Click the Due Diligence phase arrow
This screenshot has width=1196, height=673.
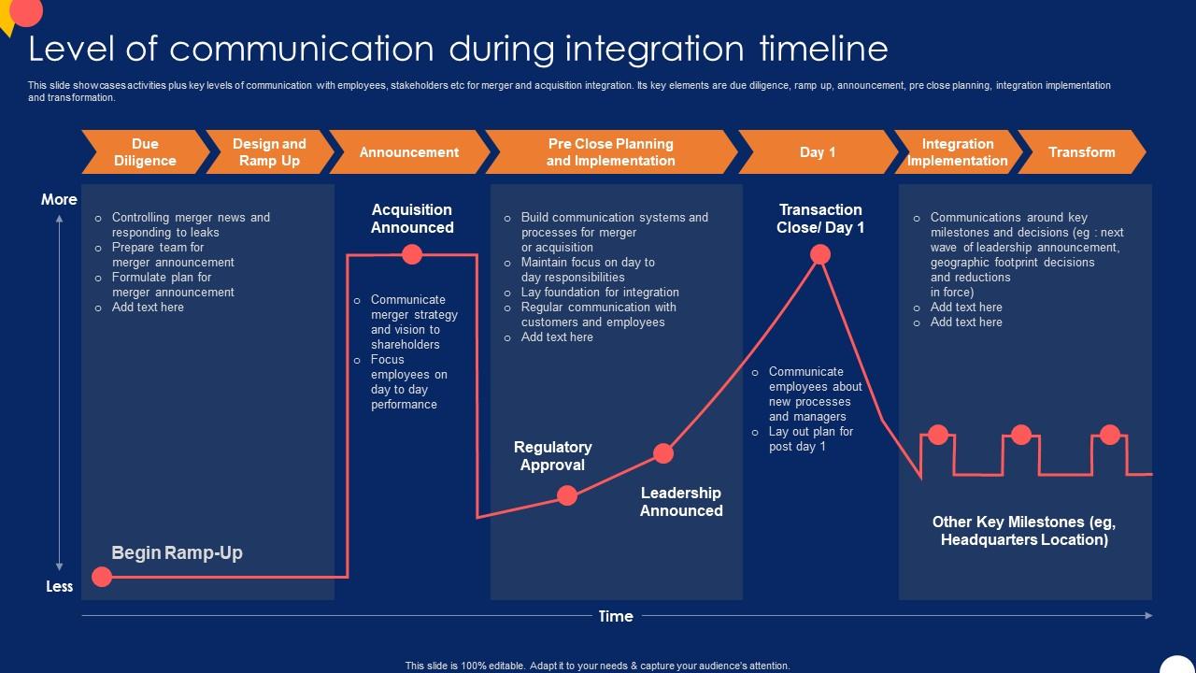coord(145,152)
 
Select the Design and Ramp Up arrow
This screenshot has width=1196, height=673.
coord(269,152)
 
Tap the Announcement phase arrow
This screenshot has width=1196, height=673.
coord(409,152)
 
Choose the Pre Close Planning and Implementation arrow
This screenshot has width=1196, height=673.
coord(611,152)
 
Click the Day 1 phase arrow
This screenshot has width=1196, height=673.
coord(818,152)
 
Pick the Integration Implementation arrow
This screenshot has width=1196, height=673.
coord(957,152)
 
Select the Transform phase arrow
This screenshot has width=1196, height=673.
coord(1081,152)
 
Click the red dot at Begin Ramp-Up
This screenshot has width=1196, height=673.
coord(102,577)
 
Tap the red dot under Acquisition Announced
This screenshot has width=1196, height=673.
coord(412,254)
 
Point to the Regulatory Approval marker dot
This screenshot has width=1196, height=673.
coord(567,495)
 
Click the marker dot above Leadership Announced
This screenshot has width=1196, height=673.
coord(663,453)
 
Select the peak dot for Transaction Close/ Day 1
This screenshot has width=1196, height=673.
coord(820,254)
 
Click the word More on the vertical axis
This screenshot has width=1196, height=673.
coord(59,199)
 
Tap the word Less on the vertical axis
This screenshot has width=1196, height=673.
coord(59,586)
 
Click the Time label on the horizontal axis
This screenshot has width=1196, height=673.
coord(616,616)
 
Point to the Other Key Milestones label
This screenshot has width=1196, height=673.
coord(1024,531)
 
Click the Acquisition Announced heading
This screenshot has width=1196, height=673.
coord(412,219)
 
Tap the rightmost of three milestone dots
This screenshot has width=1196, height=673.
coord(1109,435)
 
